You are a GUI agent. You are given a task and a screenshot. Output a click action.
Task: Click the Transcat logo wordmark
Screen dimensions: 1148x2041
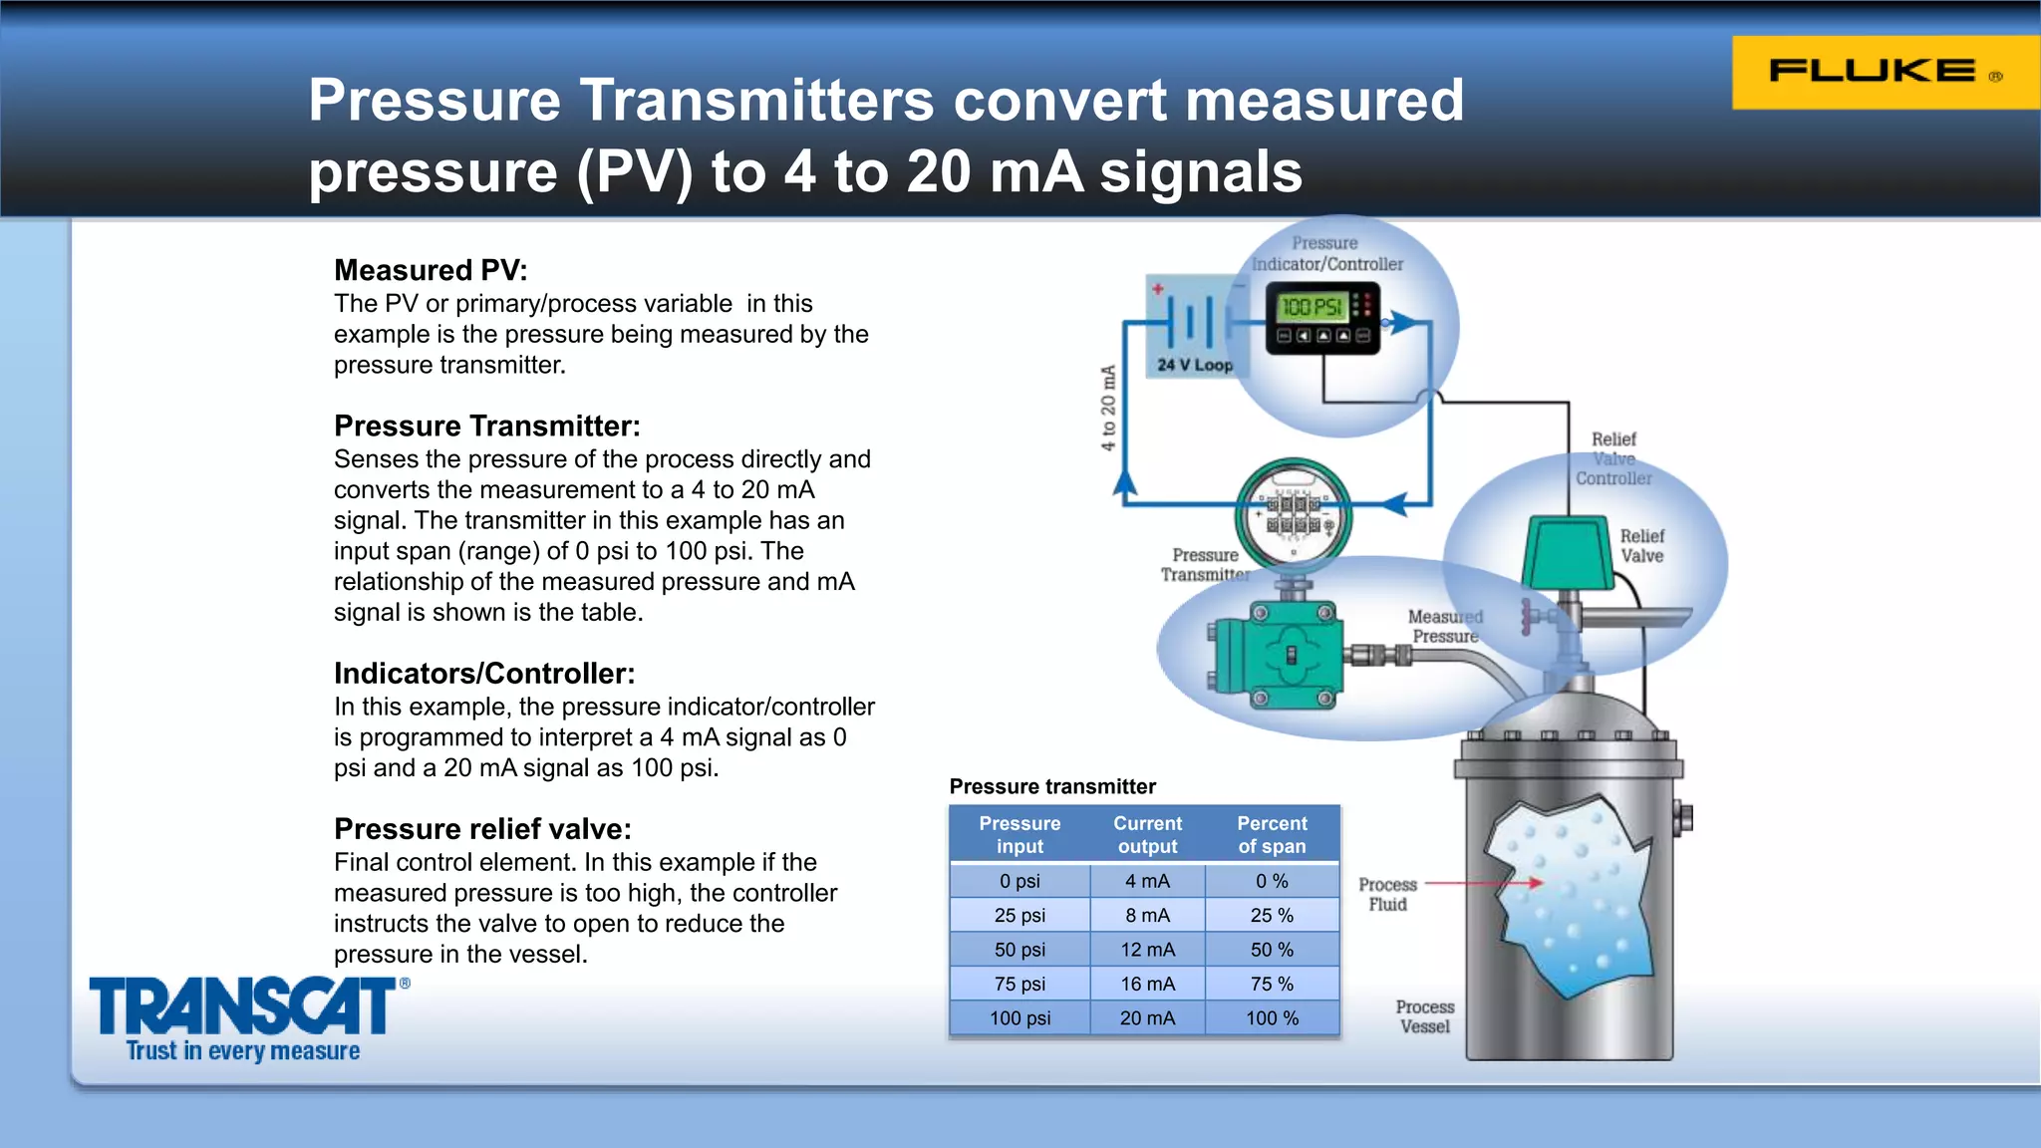coord(243,1006)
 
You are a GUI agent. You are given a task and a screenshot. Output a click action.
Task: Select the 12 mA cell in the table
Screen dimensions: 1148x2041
coord(1147,950)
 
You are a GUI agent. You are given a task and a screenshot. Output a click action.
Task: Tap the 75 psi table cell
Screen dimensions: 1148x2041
coord(1020,984)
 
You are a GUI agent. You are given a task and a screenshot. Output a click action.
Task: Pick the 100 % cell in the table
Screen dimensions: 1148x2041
coord(1272,1017)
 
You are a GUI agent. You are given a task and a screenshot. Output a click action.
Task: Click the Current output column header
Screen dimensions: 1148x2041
coord(1147,835)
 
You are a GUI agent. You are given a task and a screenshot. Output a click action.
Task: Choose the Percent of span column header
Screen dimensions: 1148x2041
coord(1272,835)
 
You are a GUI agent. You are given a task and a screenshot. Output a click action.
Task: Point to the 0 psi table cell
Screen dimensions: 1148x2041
coord(1020,881)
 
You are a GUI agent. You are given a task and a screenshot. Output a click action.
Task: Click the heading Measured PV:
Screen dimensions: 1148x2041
coord(431,270)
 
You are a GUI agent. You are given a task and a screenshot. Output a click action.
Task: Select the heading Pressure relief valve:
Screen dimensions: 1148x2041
coord(482,829)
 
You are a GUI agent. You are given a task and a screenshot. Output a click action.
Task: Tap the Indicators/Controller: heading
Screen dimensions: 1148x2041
coord(484,674)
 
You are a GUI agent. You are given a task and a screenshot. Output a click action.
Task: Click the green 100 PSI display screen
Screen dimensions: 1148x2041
coord(1312,307)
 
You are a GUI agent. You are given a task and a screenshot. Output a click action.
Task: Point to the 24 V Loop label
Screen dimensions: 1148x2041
coord(1195,365)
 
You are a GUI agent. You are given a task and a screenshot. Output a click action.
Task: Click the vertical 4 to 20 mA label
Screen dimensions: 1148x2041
coord(1108,408)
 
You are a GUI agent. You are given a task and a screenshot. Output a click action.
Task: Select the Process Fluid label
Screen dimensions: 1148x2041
coord(1387,894)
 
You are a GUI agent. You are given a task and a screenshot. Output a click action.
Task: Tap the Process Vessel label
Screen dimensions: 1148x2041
coord(1425,1016)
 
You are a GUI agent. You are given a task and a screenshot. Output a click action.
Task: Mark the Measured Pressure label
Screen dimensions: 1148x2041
coord(1445,627)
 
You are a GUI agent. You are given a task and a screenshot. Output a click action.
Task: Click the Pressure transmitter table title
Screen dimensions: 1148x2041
coord(1052,786)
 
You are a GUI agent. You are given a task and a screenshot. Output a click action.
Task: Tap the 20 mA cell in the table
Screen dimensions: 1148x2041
coord(1147,1017)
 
